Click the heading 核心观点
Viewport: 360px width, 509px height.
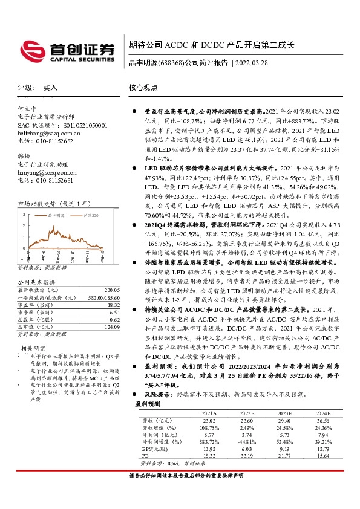tap(143, 88)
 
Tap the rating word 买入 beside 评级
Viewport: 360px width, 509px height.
tap(50, 88)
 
